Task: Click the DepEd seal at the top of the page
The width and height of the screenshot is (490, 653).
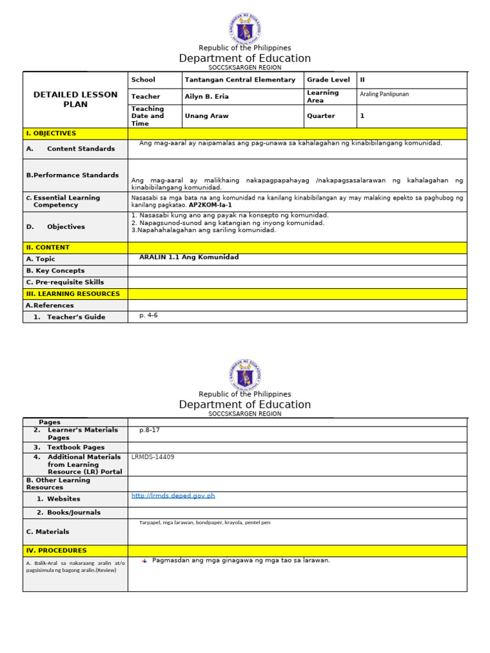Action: (x=245, y=29)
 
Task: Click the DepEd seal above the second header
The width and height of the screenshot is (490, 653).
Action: (x=245, y=375)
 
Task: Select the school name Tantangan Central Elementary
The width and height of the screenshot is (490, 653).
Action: (x=240, y=80)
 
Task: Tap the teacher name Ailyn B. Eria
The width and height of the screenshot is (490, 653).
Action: (x=207, y=96)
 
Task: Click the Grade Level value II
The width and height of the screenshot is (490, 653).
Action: (x=362, y=80)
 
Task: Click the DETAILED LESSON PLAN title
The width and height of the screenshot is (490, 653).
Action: (x=75, y=99)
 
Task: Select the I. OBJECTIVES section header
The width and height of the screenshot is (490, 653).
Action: (x=51, y=133)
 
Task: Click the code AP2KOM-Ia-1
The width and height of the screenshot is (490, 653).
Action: (x=210, y=205)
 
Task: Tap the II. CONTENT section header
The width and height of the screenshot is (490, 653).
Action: (x=48, y=247)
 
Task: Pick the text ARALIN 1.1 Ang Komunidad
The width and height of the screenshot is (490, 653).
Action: (x=189, y=257)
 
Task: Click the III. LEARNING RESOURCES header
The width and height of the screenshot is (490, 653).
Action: (x=73, y=294)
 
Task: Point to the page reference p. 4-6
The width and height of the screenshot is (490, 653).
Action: (x=149, y=315)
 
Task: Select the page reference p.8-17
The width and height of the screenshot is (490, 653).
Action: (x=149, y=430)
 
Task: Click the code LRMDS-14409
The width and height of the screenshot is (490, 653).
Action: (x=152, y=457)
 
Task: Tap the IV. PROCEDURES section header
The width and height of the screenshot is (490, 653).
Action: (x=56, y=550)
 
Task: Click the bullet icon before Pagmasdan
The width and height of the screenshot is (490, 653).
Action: (x=144, y=561)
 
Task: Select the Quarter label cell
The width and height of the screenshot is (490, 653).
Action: (x=321, y=116)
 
